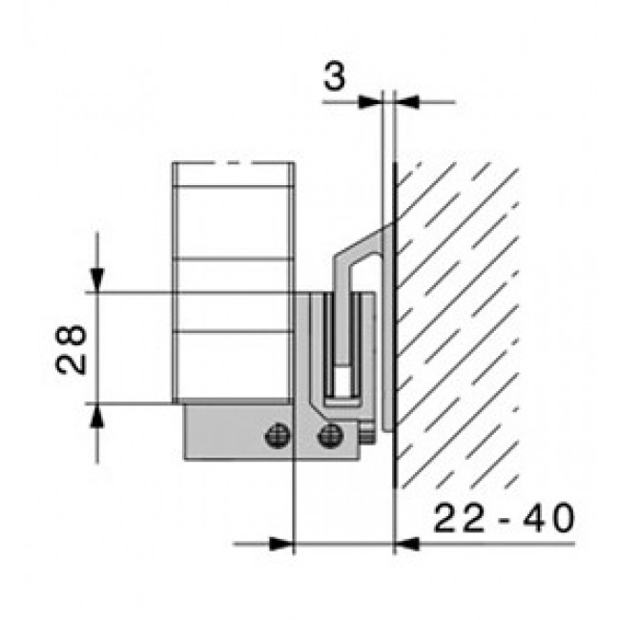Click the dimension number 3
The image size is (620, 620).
335,76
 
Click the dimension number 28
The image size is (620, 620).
71,349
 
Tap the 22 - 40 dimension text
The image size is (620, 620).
505,518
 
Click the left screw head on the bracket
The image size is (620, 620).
278,435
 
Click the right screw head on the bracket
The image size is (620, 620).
331,435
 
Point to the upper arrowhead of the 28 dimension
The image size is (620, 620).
97,280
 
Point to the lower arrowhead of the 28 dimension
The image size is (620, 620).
97,416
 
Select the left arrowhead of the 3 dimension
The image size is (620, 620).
370,102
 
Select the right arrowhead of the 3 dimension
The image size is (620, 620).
407,102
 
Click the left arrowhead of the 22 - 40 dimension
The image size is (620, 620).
281,544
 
